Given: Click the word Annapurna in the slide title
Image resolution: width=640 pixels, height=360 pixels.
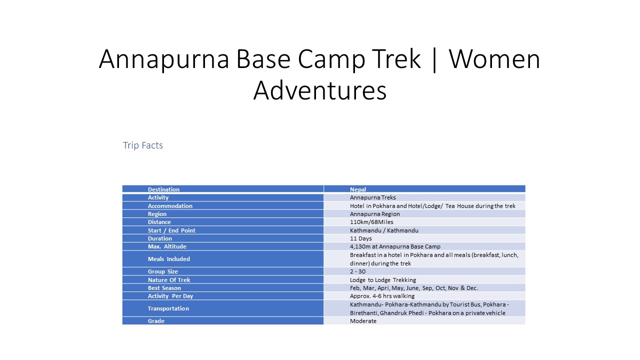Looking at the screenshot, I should click(x=163, y=59).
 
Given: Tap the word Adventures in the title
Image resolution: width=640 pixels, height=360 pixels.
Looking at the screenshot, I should click(x=320, y=91).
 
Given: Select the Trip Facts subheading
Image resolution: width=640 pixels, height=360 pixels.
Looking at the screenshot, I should click(x=143, y=145).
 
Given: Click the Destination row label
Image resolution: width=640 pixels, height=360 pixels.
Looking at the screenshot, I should click(x=163, y=189).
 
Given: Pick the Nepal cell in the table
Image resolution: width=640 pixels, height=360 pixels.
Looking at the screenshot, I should click(x=358, y=189).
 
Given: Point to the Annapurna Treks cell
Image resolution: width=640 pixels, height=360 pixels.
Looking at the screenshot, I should click(x=373, y=197).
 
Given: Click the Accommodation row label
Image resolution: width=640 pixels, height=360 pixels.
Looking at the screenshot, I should click(x=170, y=206).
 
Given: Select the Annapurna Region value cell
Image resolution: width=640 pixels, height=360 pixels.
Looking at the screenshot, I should click(x=375, y=214).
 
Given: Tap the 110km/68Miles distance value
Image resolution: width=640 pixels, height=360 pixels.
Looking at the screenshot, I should click(x=371, y=222).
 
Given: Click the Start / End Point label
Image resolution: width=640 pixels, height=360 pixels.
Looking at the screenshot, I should click(x=171, y=230).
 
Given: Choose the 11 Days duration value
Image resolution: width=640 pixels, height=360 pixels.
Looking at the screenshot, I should click(x=361, y=238).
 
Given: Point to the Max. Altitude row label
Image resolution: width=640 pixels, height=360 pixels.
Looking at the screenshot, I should click(x=167, y=246).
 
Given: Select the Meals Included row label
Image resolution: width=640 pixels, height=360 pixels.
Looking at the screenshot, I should click(x=169, y=259).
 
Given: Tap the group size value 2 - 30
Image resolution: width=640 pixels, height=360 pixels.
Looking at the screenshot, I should click(x=357, y=271).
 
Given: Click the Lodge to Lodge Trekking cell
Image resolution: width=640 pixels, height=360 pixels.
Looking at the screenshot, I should click(x=383, y=280).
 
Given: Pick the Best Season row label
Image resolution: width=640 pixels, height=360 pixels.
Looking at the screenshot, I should click(x=164, y=288).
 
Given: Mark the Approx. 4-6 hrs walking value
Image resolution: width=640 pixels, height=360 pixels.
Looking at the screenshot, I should click(x=382, y=296).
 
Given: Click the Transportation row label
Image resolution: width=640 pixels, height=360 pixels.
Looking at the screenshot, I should click(x=168, y=308).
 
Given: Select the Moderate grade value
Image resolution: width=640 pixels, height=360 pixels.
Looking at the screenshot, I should click(x=363, y=321).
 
